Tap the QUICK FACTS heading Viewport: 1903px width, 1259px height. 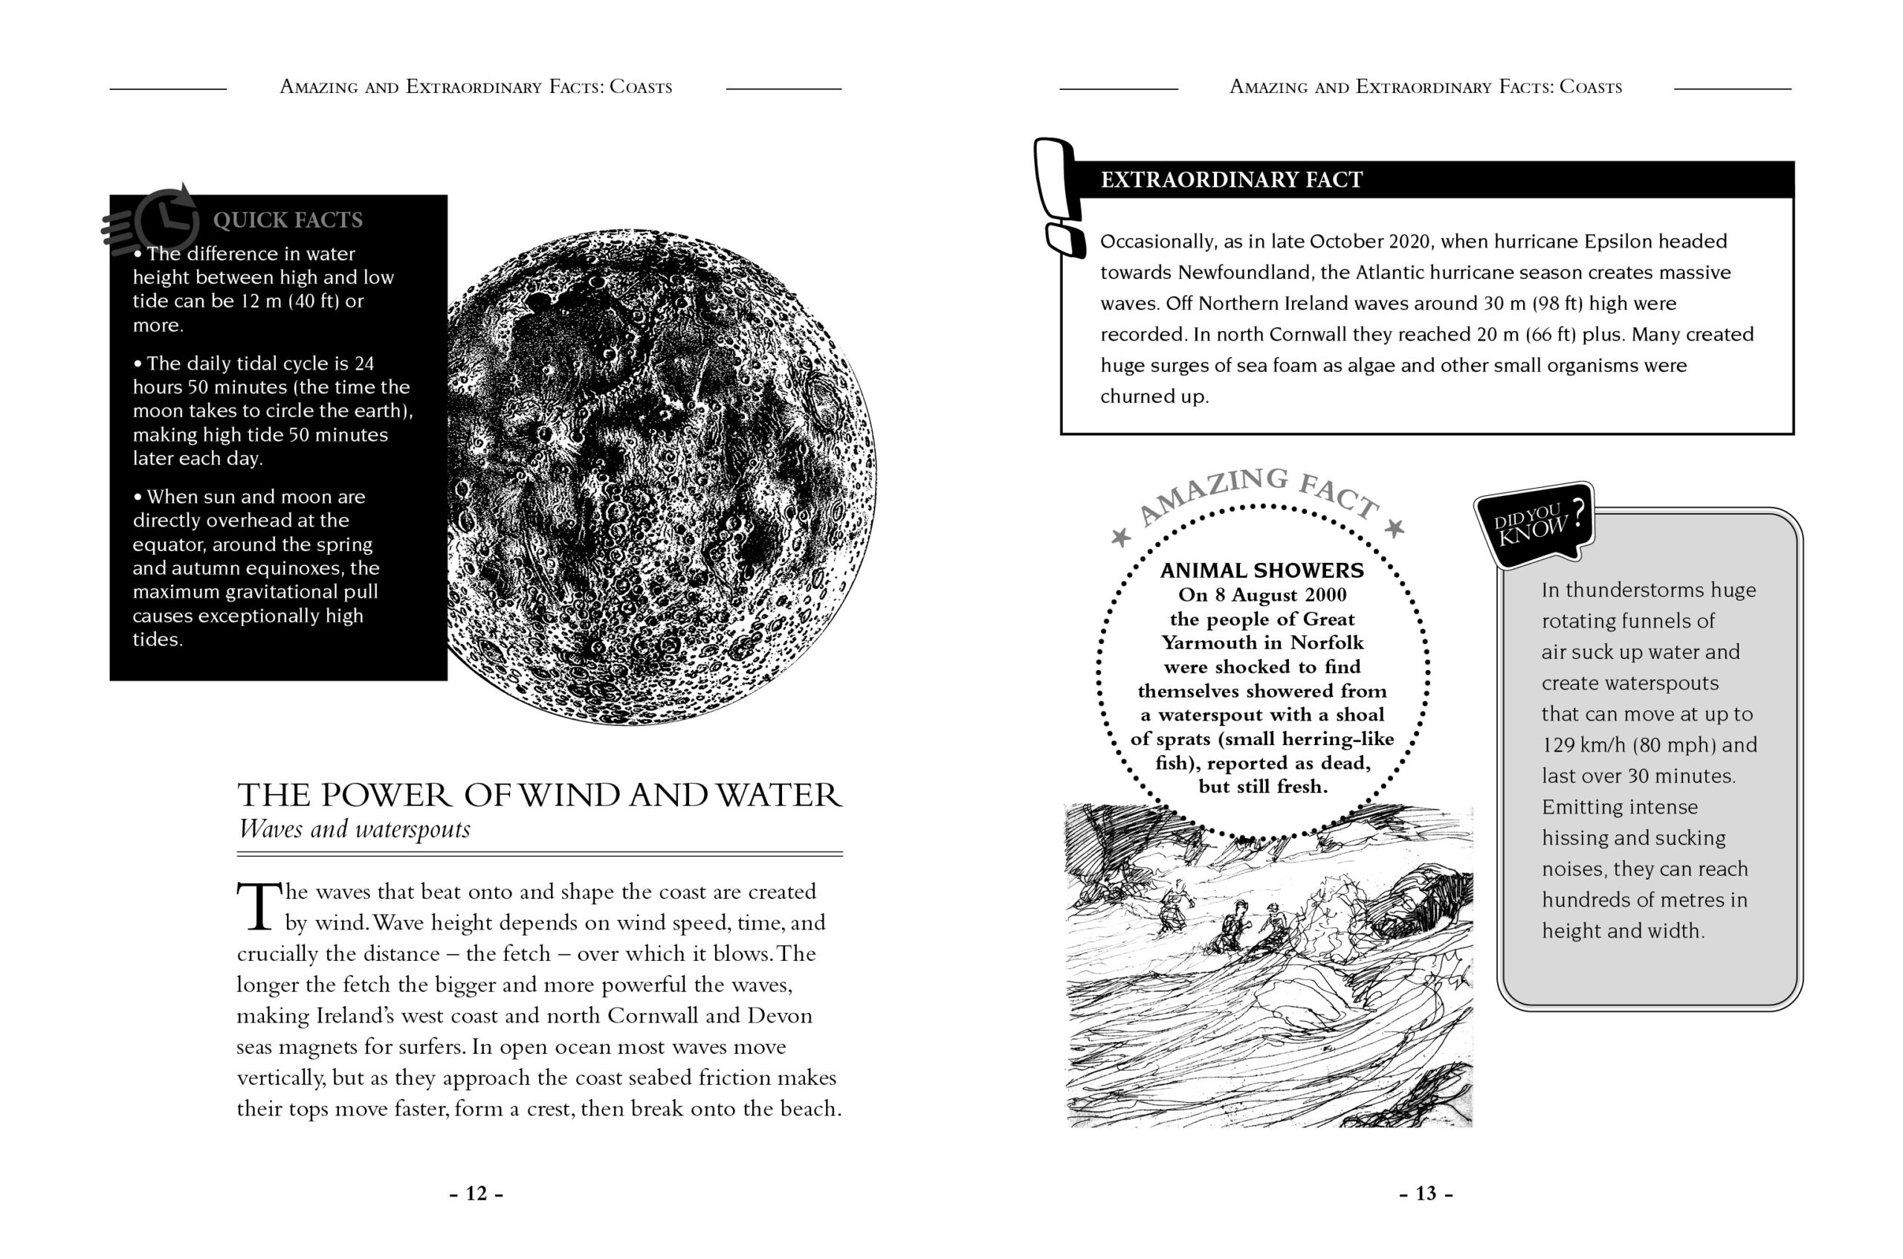[288, 220]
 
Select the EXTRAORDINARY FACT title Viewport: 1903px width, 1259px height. [1231, 180]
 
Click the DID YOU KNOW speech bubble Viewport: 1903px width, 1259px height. [1534, 524]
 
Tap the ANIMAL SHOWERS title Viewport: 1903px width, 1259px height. [1261, 571]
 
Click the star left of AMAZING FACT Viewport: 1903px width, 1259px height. [1120, 536]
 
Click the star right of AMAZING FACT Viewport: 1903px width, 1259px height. [1395, 527]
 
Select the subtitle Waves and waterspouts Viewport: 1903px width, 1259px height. [354, 828]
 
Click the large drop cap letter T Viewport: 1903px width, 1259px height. [259, 907]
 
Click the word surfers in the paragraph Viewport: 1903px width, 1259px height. [430, 1047]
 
